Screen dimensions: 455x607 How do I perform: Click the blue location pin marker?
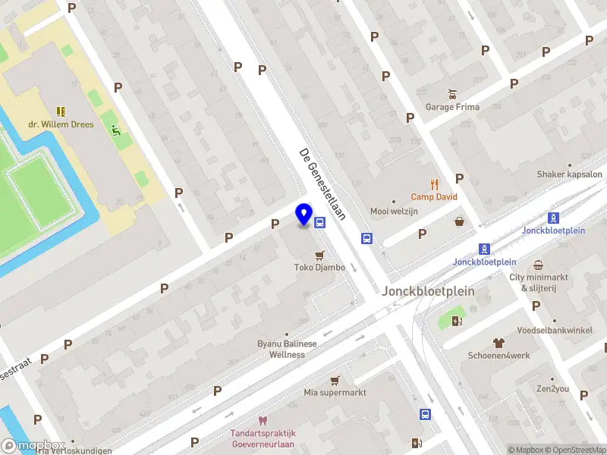click(x=304, y=215)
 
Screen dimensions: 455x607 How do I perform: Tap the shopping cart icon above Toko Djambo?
click(x=319, y=255)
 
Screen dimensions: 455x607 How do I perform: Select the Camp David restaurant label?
click(x=434, y=196)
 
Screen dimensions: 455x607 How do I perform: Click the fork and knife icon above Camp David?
click(x=434, y=184)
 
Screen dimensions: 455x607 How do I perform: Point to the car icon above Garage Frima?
click(x=452, y=94)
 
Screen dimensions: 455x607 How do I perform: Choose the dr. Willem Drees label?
click(x=61, y=124)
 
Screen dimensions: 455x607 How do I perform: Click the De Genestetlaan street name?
click(x=322, y=184)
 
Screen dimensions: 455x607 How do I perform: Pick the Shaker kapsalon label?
click(x=569, y=174)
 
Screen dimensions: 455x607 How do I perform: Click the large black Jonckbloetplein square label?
click(x=428, y=291)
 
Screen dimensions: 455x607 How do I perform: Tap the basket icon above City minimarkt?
click(x=538, y=265)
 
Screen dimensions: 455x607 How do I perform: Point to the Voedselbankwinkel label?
click(x=555, y=331)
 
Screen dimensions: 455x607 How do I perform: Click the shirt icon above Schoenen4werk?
click(x=498, y=343)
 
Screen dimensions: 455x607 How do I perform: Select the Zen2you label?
click(x=553, y=388)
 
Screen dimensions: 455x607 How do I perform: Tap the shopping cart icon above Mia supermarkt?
click(x=335, y=380)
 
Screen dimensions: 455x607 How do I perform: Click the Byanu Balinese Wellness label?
click(x=286, y=349)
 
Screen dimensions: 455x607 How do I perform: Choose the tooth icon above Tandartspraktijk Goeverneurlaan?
click(x=263, y=421)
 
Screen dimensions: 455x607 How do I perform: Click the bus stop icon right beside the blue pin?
click(x=320, y=223)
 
